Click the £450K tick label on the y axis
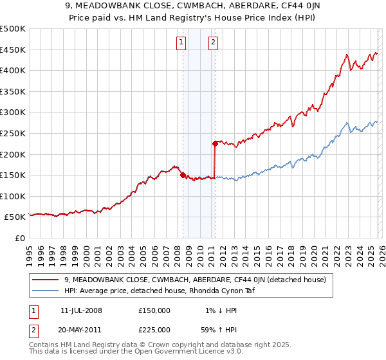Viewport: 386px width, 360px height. coord(13,50)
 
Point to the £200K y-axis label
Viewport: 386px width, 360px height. coord(13,154)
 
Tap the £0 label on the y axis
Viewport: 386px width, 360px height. coord(20,239)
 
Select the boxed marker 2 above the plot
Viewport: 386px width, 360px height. coord(212,43)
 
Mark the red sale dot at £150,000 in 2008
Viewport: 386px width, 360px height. coord(183,175)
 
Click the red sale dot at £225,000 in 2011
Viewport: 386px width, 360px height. coord(215,143)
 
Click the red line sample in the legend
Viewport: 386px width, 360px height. coord(46,280)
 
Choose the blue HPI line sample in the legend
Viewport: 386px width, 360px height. coord(46,291)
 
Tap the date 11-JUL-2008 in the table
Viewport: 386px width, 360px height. coord(81,310)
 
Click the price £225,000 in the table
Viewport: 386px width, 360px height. coord(154,329)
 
